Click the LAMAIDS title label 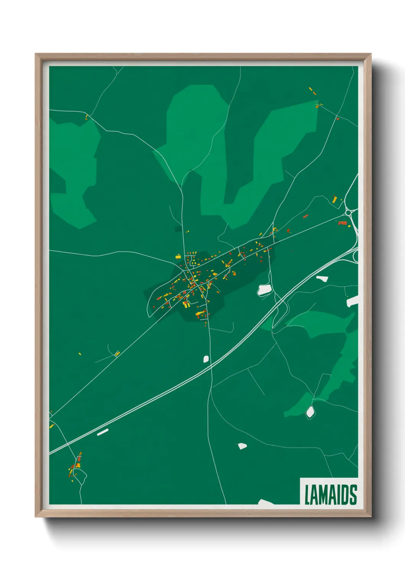[330, 494]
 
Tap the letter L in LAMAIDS [307, 495]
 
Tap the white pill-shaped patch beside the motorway [103, 432]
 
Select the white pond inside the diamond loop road [310, 412]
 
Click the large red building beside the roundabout [343, 223]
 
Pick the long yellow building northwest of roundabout [335, 199]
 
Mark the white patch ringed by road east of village [264, 290]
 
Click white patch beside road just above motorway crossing [206, 359]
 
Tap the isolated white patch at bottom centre [242, 446]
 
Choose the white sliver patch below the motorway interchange [322, 279]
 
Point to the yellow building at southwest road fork [117, 354]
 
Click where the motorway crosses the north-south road [210, 367]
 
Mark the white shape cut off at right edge [353, 301]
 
